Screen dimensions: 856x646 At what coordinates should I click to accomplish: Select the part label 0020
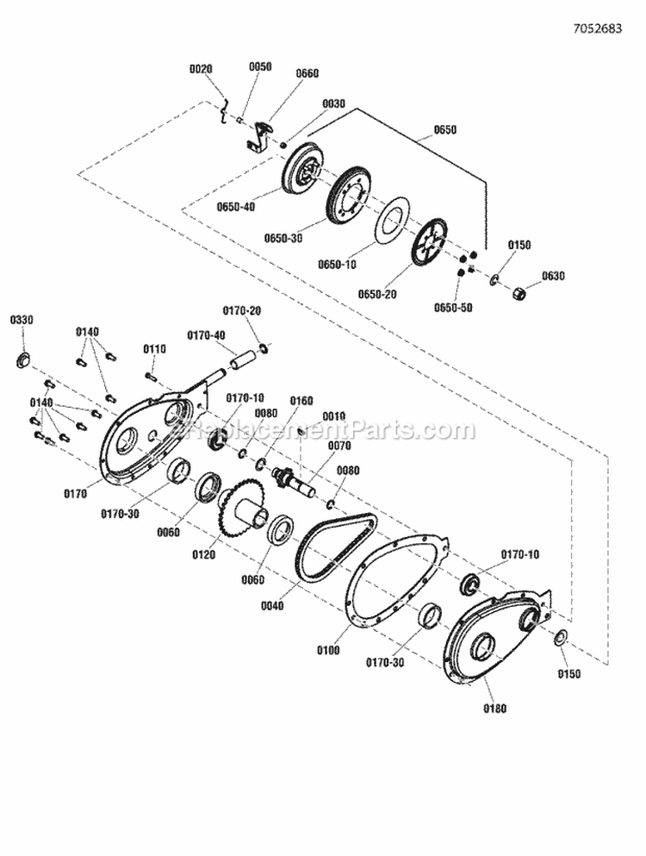(201, 68)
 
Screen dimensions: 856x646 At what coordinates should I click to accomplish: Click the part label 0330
(22, 320)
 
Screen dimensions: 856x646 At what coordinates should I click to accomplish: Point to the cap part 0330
(24, 358)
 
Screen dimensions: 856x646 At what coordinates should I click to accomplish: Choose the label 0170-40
(207, 334)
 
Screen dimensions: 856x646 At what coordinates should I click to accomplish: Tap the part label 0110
(154, 348)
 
